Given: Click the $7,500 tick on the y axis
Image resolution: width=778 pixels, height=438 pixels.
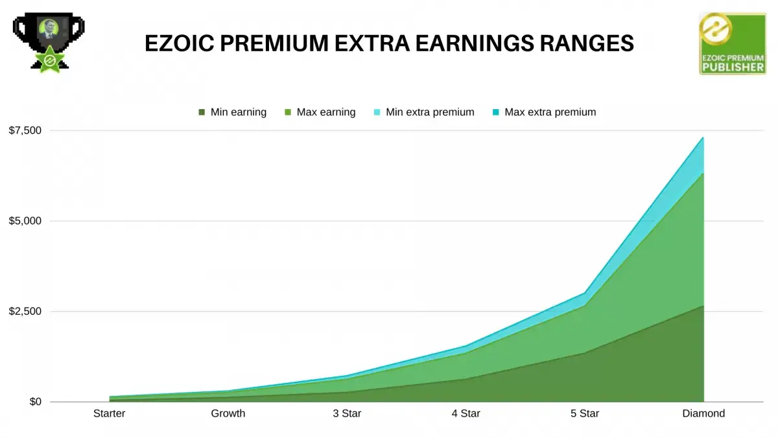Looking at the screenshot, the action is point(25,130).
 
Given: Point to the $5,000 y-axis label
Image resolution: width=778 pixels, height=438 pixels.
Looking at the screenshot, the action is point(25,221).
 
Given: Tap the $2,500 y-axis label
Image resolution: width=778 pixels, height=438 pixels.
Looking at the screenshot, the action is point(25,311).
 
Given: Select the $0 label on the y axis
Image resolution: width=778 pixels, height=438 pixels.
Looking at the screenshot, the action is point(36,402).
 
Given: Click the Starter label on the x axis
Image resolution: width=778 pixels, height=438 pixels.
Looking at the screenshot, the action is point(109,413).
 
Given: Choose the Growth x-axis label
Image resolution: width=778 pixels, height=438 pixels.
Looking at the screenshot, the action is point(228,413).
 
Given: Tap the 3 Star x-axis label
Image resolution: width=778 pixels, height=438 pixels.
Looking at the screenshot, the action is point(347,413).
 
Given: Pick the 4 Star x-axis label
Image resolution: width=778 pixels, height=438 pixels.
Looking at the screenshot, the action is point(466,413).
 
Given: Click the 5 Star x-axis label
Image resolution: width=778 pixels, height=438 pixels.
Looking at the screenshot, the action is point(585,413).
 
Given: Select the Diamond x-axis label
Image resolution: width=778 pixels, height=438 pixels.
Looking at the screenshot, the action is point(703,413).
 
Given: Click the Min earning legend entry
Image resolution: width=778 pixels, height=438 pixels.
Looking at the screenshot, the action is point(232,112).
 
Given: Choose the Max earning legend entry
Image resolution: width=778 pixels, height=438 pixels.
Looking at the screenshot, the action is point(320,112).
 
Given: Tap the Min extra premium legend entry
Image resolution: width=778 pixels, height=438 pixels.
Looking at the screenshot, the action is point(424,112).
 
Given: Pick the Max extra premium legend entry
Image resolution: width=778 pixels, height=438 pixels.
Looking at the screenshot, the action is point(544,112).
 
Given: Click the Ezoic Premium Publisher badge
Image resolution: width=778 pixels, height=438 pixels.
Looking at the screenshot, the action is point(733,43).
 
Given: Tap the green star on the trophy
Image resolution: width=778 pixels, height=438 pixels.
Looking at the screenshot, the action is point(50,60).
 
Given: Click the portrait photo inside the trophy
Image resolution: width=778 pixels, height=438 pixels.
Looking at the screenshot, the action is point(48,29).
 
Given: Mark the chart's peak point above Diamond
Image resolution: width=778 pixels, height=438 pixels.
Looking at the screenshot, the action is point(703,138).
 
